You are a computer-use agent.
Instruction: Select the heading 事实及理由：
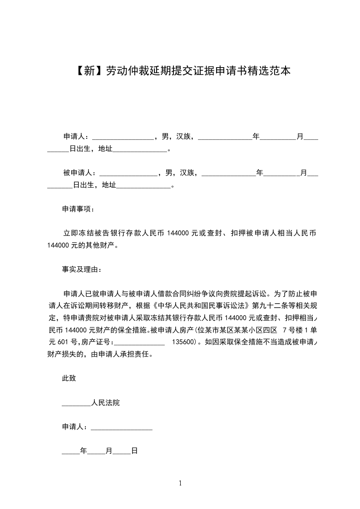tap(82, 269)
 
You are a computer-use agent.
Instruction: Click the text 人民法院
tap(105, 403)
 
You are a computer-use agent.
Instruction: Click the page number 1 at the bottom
tap(180, 483)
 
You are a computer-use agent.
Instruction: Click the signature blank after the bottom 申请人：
tap(122, 427)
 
